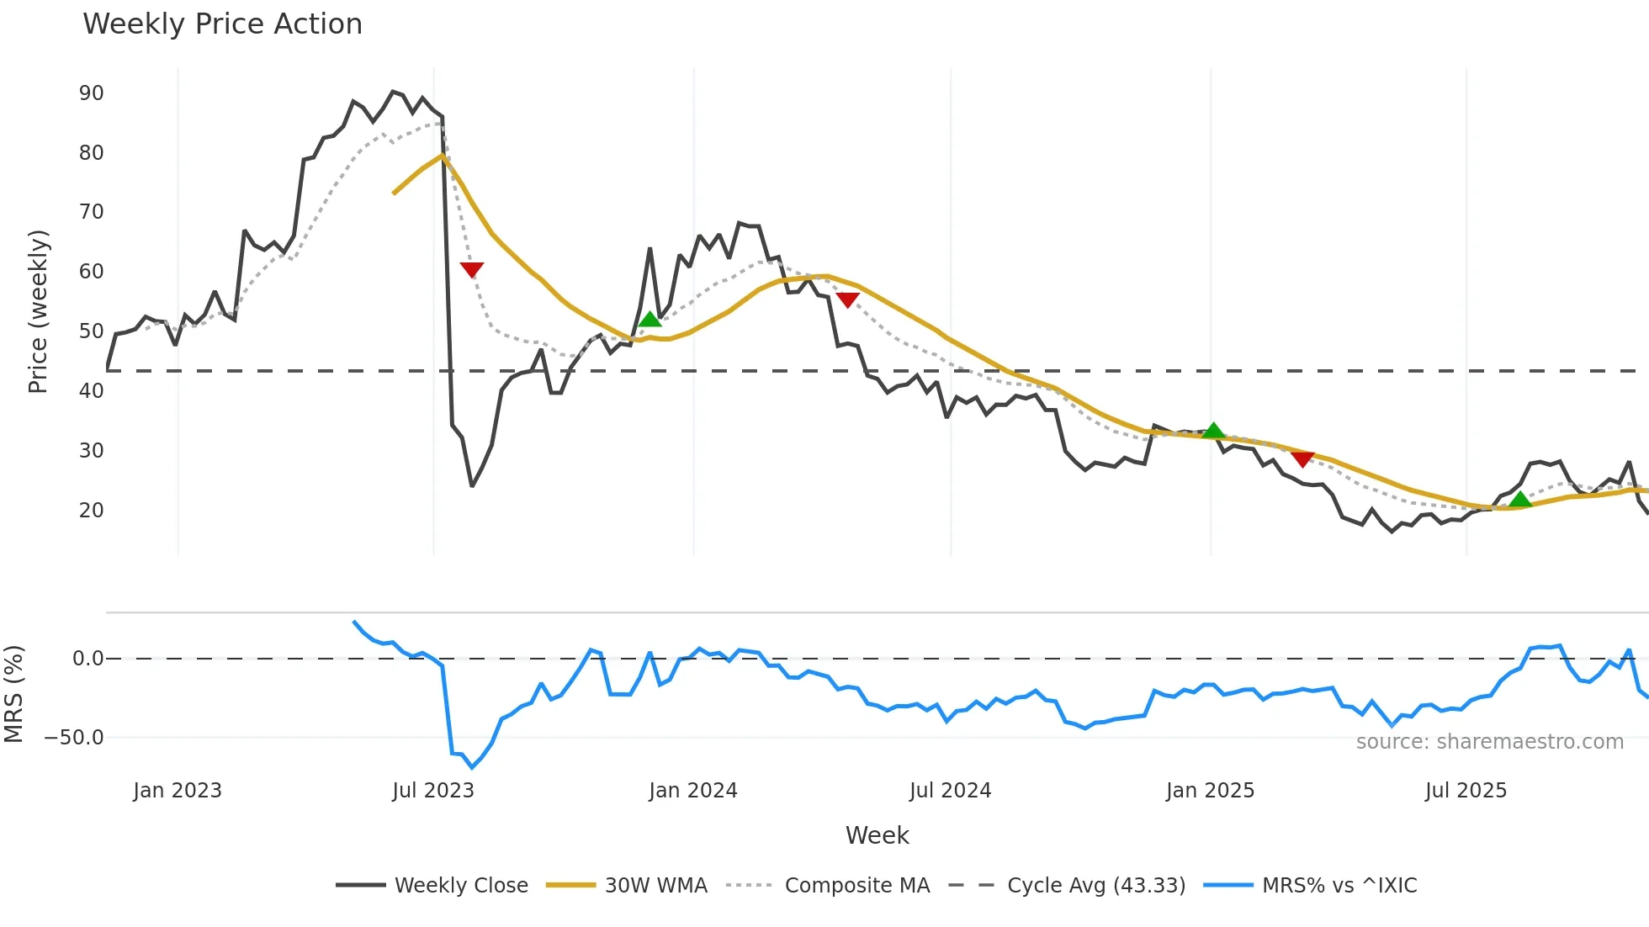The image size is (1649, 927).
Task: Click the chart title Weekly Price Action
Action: click(x=222, y=24)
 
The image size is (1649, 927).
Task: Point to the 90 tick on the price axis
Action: click(x=91, y=93)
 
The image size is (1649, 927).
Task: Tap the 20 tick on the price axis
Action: click(x=91, y=511)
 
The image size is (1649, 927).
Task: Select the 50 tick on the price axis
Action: click(x=91, y=331)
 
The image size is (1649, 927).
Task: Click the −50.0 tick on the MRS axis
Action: click(x=74, y=738)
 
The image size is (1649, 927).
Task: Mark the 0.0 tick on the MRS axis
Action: click(x=87, y=659)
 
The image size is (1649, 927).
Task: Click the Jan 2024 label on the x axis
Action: click(x=692, y=791)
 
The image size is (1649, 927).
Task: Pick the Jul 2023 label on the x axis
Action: click(x=433, y=791)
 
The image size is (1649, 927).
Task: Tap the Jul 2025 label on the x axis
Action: click(x=1466, y=791)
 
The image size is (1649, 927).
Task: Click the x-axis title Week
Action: click(x=877, y=835)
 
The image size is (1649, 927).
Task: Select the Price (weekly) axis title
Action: click(x=39, y=311)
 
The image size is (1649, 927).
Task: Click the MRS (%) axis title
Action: click(x=14, y=694)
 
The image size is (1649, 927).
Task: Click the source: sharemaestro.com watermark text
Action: click(x=1489, y=742)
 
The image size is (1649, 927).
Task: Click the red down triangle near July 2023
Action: click(x=472, y=269)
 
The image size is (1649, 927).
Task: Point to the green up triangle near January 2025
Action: click(x=1213, y=432)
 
